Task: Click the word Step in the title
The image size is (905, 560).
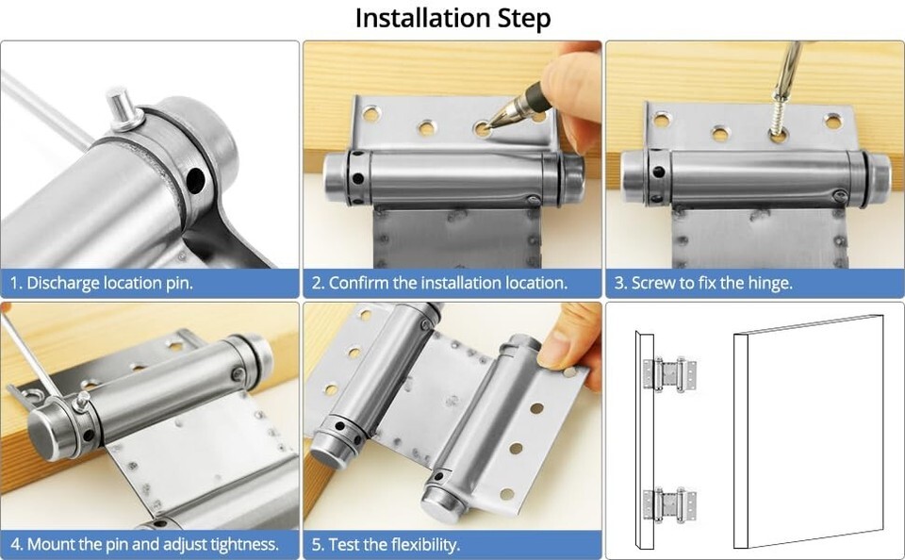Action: tap(524, 19)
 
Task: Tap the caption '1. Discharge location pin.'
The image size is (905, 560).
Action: tap(102, 283)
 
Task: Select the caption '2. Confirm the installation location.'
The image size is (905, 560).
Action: tap(440, 283)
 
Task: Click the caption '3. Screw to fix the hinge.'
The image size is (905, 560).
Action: tap(703, 283)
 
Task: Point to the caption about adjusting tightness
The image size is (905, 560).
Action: tap(145, 544)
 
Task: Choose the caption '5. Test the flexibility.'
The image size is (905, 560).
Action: tap(387, 544)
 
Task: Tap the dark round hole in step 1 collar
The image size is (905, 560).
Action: tap(196, 180)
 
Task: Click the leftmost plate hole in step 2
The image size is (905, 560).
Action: tap(371, 113)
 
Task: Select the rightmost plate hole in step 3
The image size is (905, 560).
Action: tap(832, 121)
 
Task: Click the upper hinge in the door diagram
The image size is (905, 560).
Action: tap(670, 374)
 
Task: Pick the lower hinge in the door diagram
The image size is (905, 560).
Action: tap(670, 505)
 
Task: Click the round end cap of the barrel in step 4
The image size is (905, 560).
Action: tap(43, 431)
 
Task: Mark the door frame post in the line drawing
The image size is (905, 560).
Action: tap(645, 438)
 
